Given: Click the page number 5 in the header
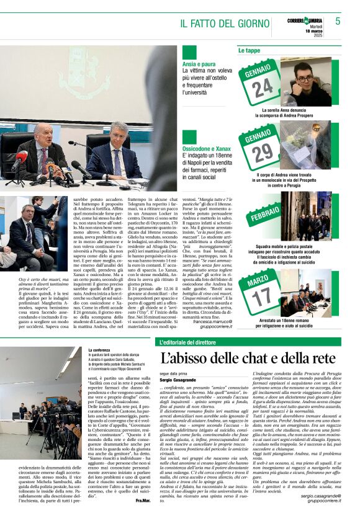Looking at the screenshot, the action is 338,20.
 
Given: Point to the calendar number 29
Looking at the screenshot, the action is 261,151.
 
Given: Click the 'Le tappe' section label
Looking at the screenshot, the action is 250,50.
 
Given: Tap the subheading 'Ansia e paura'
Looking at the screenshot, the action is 198,65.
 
